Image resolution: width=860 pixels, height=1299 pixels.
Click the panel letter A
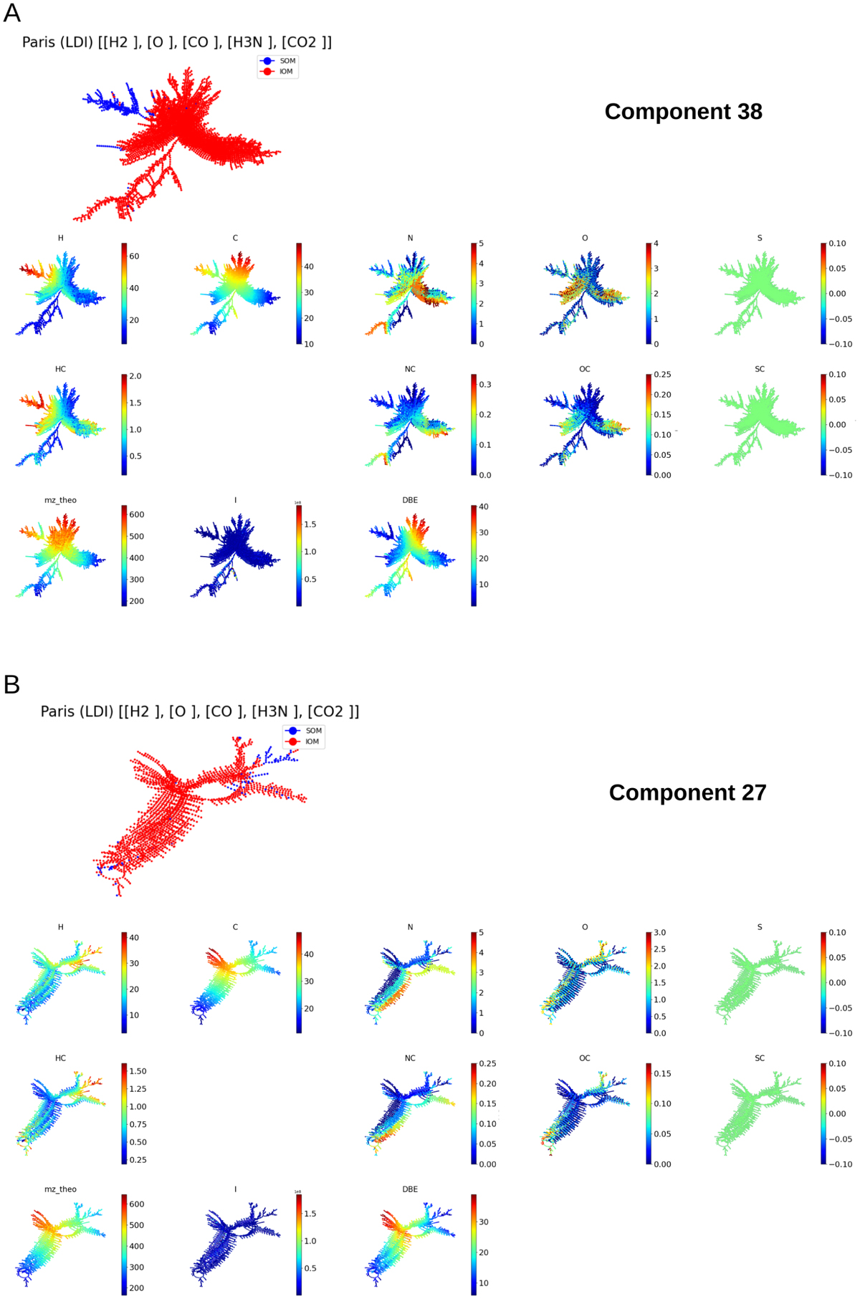12,13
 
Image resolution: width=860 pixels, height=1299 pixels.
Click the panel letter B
11,684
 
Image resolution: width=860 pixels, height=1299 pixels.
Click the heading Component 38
683,112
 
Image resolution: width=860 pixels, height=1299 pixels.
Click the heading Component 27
687,792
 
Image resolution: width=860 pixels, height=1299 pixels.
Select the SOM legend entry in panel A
287,61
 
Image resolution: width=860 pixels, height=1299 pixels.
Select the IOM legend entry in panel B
312,742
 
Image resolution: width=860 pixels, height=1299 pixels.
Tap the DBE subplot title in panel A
410,500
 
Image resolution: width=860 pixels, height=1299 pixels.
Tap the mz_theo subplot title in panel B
60,1189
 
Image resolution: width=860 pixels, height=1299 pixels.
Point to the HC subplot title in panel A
60,369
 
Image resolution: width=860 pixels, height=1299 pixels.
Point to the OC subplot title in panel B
585,1058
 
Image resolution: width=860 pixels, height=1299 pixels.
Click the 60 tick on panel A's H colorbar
134,257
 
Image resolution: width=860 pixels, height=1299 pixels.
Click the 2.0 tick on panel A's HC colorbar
135,376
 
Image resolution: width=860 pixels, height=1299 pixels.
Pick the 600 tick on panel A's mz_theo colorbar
136,514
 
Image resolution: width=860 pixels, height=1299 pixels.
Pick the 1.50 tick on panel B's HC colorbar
138,1071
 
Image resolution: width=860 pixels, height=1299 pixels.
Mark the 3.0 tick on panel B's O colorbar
659,933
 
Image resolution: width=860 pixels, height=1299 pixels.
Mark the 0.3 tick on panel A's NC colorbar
485,385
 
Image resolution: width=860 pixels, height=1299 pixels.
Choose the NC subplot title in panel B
410,1058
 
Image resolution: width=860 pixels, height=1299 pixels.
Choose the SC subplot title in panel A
760,369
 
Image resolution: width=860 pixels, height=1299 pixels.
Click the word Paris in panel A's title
38,42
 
